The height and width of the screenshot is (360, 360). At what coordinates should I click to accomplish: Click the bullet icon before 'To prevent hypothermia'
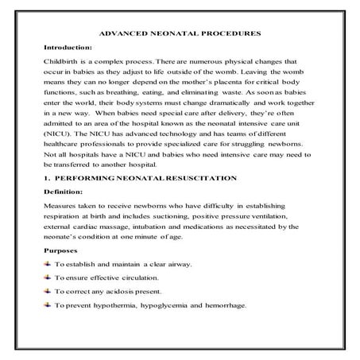[x=47, y=305]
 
